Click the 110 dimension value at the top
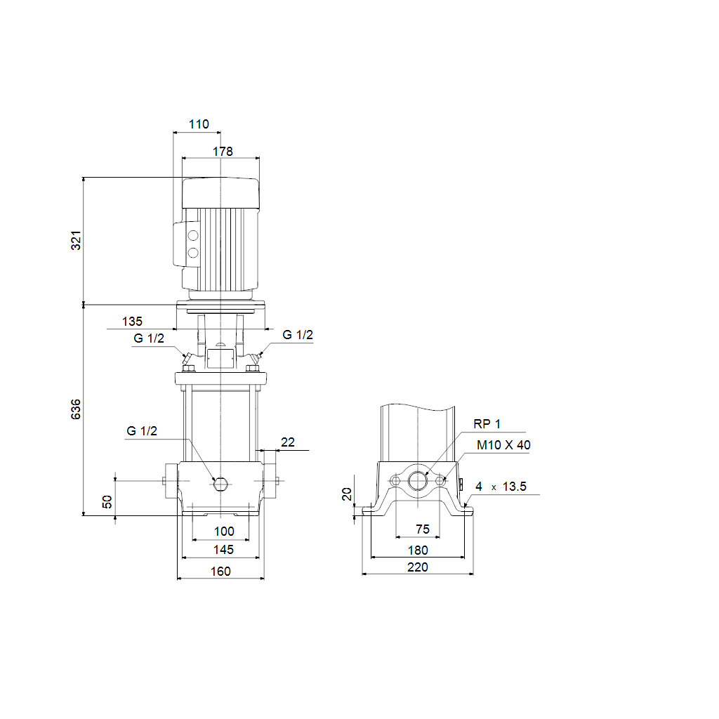(x=199, y=124)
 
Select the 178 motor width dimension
(x=223, y=152)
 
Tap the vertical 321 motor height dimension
(x=76, y=240)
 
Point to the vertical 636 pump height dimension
(x=76, y=409)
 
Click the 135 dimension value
(x=132, y=322)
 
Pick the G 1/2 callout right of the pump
(x=298, y=335)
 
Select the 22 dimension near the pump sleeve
(x=287, y=442)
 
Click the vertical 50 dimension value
(x=107, y=501)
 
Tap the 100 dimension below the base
(x=224, y=532)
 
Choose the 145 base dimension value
(x=223, y=549)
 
